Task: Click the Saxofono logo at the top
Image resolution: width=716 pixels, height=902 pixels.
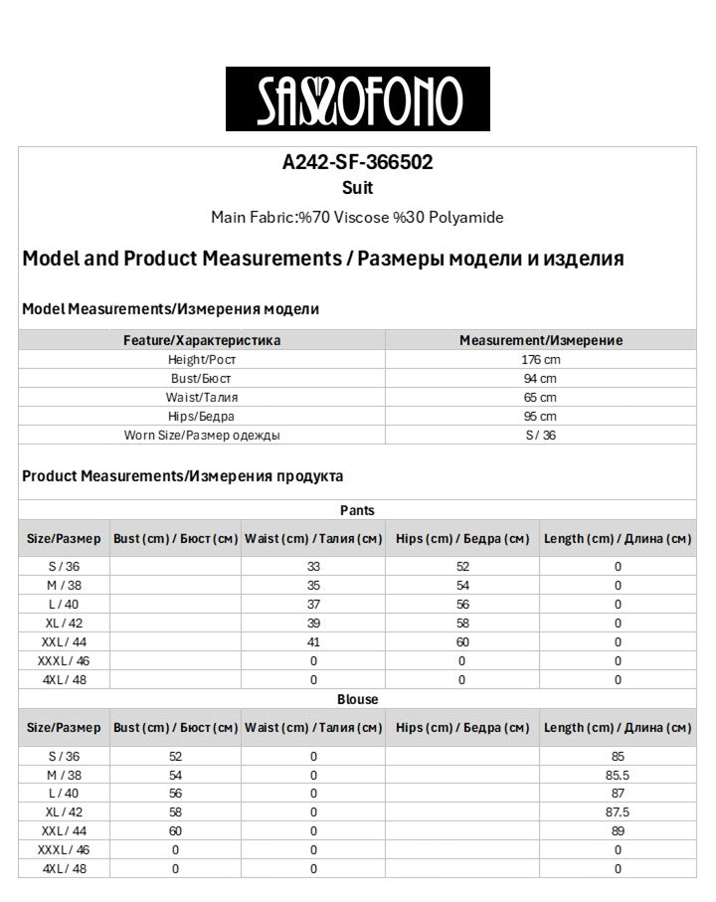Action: (x=357, y=99)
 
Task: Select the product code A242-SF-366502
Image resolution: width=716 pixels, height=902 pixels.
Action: (x=357, y=163)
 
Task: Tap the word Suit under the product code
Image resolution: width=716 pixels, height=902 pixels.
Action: (x=357, y=187)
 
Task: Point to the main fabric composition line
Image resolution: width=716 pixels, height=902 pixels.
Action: (x=357, y=217)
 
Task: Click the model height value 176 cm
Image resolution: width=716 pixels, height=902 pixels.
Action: (x=540, y=359)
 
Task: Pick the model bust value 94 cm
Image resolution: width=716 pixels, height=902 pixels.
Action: (x=540, y=378)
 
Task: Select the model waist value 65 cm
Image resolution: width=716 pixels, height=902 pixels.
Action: (x=540, y=397)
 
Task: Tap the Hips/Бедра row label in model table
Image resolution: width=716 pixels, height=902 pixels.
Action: (x=201, y=416)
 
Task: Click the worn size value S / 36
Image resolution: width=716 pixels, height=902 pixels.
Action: (x=540, y=435)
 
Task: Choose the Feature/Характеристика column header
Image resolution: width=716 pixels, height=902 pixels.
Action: (x=201, y=340)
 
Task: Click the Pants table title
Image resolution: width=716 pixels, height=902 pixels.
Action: (x=357, y=510)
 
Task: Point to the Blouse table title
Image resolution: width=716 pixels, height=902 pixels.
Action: (x=357, y=699)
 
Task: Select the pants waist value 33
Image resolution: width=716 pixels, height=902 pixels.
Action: (x=313, y=566)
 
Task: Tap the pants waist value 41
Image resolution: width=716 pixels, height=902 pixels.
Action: (x=313, y=641)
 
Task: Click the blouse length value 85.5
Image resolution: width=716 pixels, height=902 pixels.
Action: (x=618, y=774)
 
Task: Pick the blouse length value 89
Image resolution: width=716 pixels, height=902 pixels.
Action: (x=618, y=830)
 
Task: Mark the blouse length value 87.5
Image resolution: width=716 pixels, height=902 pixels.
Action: (x=618, y=812)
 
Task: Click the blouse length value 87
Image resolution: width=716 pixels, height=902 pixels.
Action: (x=618, y=793)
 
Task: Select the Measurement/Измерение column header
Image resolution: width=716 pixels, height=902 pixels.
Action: (x=540, y=340)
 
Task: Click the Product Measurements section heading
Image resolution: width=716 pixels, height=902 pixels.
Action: (x=183, y=476)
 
